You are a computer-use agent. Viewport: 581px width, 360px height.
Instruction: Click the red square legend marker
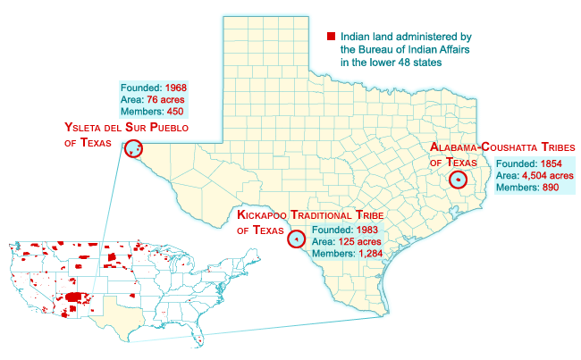coord(331,37)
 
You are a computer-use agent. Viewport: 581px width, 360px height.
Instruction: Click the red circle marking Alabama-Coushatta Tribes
coord(458,179)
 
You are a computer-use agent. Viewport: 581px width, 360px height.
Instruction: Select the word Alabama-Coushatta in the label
coord(485,147)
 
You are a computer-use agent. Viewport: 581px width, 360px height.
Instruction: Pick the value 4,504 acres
coord(547,175)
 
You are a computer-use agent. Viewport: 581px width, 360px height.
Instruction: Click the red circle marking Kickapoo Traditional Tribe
coord(295,239)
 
